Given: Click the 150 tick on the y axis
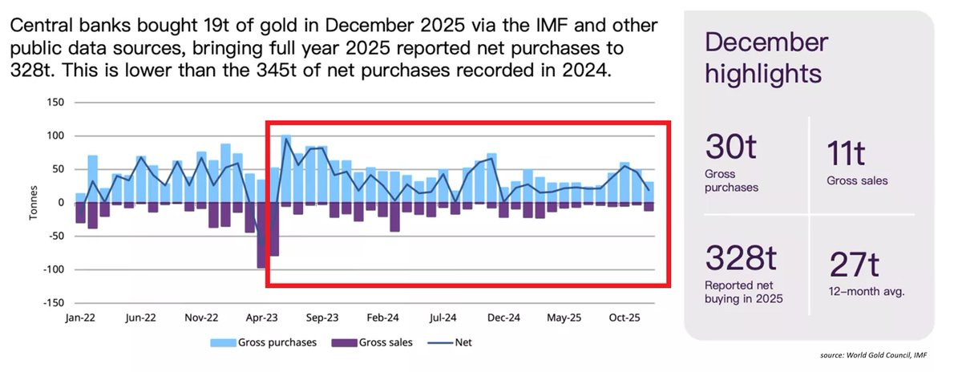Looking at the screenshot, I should [x=55, y=103].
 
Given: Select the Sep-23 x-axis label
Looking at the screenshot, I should [x=322, y=318].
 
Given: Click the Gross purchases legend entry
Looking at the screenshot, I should [x=264, y=342].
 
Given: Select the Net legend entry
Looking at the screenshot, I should [x=455, y=342].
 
